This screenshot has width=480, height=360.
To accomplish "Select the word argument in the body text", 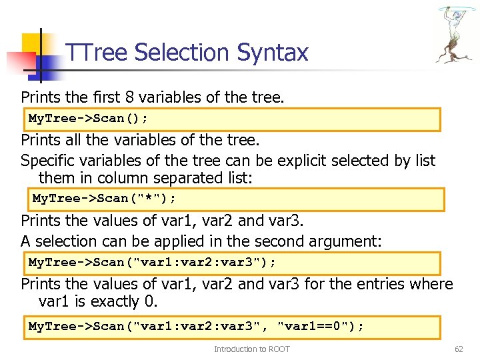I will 344,241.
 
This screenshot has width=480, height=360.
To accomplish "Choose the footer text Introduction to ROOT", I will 252,349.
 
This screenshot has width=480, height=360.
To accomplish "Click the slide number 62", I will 458,349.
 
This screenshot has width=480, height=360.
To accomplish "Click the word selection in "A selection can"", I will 71,241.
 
